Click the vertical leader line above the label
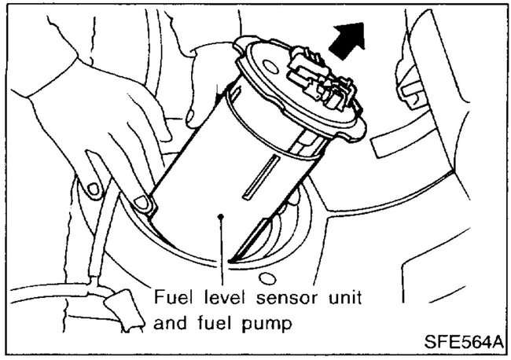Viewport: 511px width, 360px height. (224, 252)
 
